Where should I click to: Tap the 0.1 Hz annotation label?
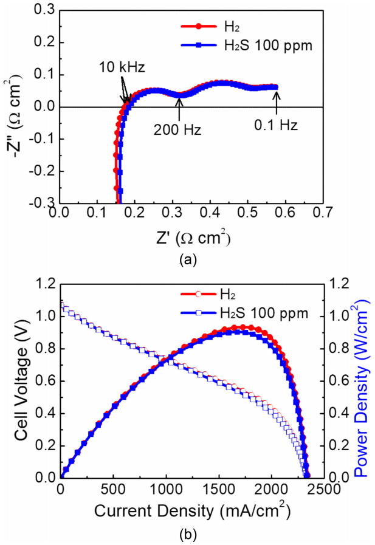pyautogui.click(x=276, y=128)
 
